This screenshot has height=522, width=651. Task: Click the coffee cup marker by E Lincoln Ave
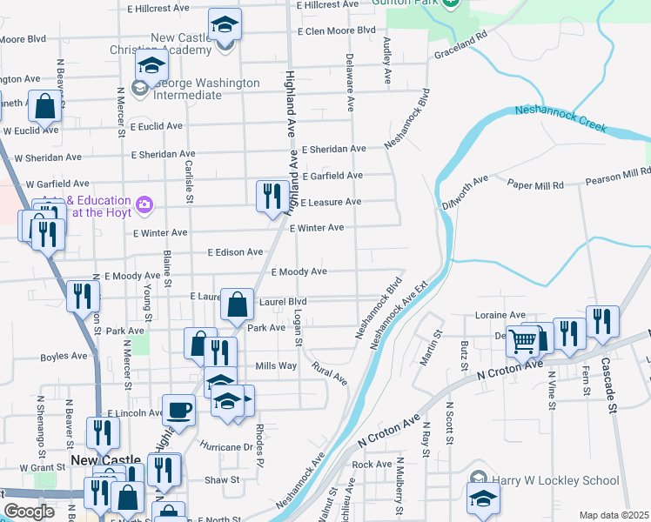pos(179,409)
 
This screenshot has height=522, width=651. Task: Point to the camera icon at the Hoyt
pos(144,205)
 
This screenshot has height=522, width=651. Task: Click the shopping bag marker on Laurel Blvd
pos(237,304)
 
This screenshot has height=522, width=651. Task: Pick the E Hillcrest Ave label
pos(158,8)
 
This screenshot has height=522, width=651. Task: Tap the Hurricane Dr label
pos(225,447)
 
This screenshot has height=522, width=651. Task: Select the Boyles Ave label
pos(64,356)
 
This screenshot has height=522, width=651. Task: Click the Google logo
pos(29,512)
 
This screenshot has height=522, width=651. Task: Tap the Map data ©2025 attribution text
pos(613,515)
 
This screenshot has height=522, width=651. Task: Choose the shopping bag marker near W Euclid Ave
pos(44,106)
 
